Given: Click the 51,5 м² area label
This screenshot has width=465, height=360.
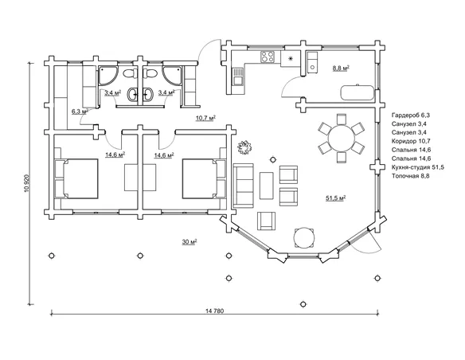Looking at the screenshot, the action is (x=336, y=198).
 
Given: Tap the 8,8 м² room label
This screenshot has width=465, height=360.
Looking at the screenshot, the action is (x=341, y=68).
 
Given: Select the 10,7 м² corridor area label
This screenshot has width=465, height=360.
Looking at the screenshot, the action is (x=205, y=119).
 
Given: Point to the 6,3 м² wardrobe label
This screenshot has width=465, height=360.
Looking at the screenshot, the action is (x=80, y=112).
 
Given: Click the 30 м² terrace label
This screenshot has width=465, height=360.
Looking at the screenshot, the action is (x=190, y=242).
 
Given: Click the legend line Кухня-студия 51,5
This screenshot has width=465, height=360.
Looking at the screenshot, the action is (x=417, y=167).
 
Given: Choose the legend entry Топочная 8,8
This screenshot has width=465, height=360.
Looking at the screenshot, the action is (x=410, y=176).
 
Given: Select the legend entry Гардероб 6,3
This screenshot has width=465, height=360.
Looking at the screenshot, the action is (x=411, y=115).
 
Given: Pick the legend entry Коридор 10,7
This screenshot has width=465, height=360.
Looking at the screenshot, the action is (x=411, y=141).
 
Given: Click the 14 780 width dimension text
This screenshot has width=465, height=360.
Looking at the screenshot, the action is (x=215, y=311).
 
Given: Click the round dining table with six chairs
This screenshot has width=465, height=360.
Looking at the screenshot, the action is (x=342, y=138).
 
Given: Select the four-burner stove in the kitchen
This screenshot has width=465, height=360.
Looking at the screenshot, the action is (x=268, y=57).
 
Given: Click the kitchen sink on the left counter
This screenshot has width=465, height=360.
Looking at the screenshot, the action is (x=237, y=76).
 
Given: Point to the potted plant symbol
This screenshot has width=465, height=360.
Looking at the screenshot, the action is (x=244, y=147).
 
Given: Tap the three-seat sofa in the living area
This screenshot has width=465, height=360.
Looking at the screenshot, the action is (x=243, y=186).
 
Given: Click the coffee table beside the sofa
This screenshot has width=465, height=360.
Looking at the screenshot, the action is (x=266, y=186).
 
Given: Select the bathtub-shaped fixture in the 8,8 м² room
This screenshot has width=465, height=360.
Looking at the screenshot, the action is (x=358, y=92).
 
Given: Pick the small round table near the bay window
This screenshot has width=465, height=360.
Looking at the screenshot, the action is (x=303, y=237).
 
